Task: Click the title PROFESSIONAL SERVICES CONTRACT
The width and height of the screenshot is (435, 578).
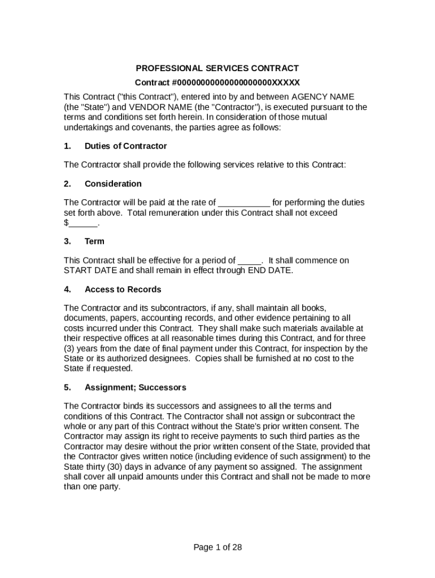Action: point(217,68)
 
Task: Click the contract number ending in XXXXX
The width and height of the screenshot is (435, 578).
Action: point(217,82)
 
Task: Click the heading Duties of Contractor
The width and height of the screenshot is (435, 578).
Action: point(125,146)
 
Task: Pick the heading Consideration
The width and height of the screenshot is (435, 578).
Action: point(113,184)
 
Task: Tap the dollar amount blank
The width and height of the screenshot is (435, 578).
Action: point(82,224)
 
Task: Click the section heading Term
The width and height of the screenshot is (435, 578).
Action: point(94,242)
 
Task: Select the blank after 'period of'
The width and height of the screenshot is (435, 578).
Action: point(249,261)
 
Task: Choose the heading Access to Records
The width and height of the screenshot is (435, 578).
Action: point(123,290)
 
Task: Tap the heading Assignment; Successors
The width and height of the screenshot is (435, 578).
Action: point(135,388)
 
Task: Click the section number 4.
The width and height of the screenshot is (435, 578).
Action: point(67,290)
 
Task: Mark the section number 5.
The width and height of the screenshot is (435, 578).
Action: point(67,388)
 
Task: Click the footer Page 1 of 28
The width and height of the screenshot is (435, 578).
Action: point(217,547)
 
